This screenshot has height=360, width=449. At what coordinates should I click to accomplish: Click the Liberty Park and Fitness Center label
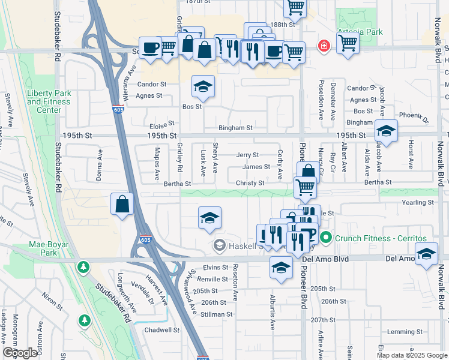[x=48, y=101]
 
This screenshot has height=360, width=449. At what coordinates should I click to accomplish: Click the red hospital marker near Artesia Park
[x=324, y=46]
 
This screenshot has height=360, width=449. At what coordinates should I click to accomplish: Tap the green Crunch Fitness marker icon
[x=325, y=238]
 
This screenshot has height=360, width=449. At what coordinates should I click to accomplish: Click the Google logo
[x=20, y=353]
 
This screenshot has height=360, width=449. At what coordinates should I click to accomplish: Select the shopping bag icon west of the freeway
[x=122, y=204]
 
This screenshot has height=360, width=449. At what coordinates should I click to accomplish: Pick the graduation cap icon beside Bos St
[x=203, y=87]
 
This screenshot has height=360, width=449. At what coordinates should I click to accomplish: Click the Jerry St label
[x=247, y=155]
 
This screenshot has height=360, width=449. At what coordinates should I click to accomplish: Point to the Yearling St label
[x=418, y=203]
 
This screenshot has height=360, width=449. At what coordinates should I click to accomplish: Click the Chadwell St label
[x=162, y=329]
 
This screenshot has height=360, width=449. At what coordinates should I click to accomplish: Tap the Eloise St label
[x=161, y=127]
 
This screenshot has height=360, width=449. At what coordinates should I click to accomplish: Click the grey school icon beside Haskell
[x=220, y=245]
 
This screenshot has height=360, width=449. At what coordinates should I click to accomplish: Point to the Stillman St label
[x=217, y=314]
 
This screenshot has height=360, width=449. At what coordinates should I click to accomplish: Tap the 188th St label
[x=283, y=25]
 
